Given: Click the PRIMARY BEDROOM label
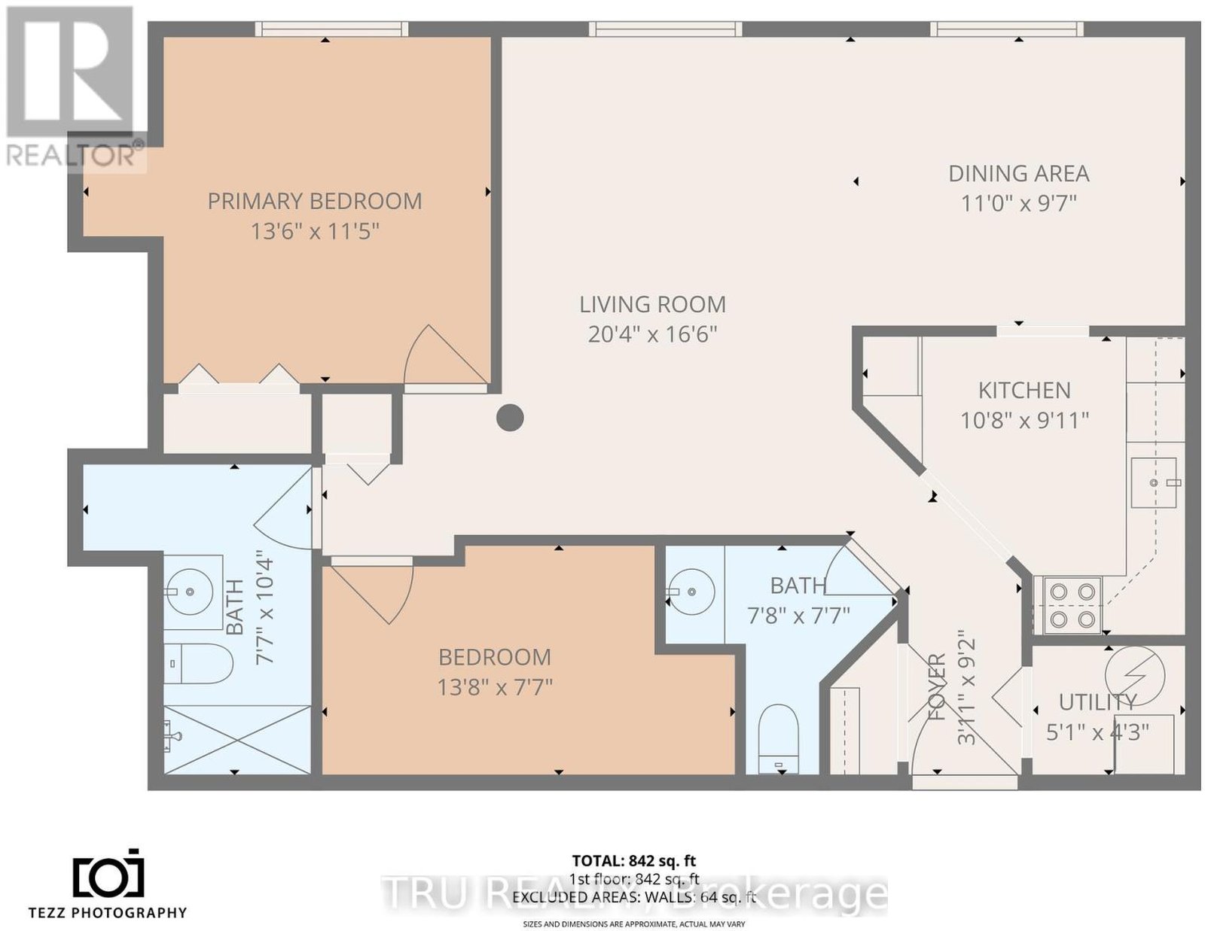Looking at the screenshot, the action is (314, 201).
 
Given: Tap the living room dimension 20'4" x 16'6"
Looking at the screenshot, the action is (652, 335).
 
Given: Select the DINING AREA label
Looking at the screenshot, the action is (1019, 174).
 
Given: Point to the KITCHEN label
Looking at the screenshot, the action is (1024, 391).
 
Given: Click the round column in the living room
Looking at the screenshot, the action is (510, 418).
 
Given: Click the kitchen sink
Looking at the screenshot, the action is (1154, 482).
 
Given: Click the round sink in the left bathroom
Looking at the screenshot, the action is (191, 592).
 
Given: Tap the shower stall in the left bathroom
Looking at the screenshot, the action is (237, 739).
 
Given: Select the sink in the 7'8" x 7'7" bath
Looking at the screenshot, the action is (691, 592).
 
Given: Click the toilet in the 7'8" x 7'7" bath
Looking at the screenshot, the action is (777, 739).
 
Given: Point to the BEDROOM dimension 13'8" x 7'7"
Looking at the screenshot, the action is (495, 688).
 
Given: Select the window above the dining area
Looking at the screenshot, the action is (1006, 29).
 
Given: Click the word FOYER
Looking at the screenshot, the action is (937, 686).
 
